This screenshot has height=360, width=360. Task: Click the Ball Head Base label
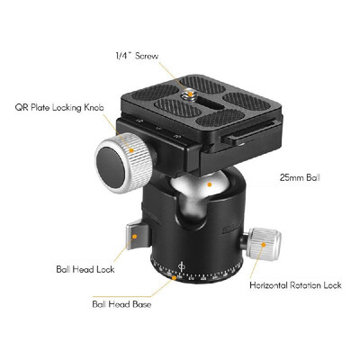[x=121, y=303]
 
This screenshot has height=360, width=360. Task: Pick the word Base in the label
[x=139, y=303]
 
